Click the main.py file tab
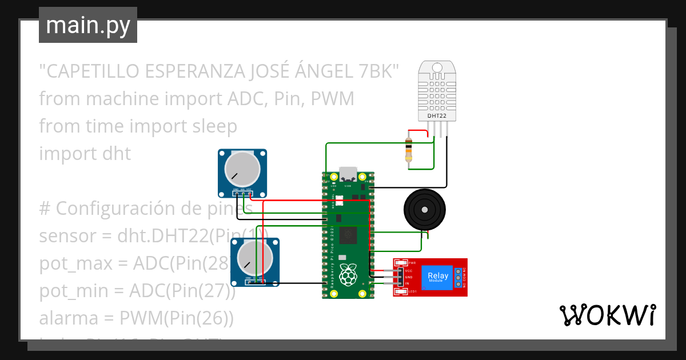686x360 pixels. [87, 25]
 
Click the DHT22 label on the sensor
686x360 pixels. [437, 116]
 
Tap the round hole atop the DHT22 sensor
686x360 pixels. [437, 67]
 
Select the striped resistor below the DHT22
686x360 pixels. [409, 149]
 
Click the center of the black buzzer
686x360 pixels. [424, 210]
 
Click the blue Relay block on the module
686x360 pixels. [438, 277]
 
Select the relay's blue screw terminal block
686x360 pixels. [457, 277]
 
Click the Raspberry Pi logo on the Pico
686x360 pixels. [348, 275]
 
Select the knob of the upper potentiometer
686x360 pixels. [242, 170]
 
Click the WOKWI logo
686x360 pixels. [607, 315]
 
